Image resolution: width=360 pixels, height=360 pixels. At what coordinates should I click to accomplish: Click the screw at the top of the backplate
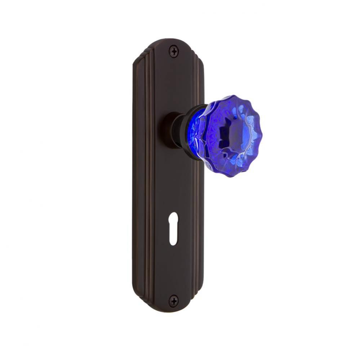pos(174,51)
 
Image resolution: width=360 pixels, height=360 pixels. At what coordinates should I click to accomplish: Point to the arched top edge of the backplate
pos(173,40)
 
